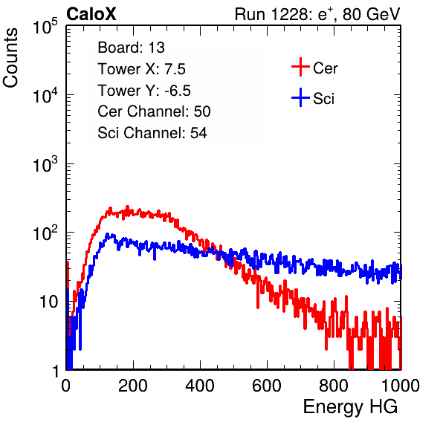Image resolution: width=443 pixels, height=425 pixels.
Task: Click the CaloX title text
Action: click(x=91, y=14)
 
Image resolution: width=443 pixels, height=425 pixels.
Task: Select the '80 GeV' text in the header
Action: click(x=371, y=14)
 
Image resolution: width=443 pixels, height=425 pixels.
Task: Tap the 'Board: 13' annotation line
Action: click(x=131, y=48)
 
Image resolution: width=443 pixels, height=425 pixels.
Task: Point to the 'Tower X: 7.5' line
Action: click(x=141, y=69)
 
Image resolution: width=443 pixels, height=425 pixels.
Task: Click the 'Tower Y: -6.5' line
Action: click(x=144, y=91)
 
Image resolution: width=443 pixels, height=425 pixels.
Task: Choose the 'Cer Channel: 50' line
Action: click(x=154, y=111)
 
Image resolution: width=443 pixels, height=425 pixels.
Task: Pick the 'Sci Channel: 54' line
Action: click(x=152, y=133)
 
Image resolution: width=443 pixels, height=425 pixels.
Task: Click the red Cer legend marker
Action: click(x=300, y=67)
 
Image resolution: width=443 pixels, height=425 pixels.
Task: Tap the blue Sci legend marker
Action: click(x=300, y=97)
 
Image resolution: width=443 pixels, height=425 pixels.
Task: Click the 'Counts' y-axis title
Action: click(x=10, y=57)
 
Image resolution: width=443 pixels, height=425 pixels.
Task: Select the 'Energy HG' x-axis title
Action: click(x=350, y=407)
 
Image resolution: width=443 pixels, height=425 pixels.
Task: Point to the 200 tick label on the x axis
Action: click(x=133, y=386)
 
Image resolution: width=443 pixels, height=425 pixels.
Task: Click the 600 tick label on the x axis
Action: click(x=267, y=386)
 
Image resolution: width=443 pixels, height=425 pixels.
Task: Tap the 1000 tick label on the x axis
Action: click(x=401, y=386)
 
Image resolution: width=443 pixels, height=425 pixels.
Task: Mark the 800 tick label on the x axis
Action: click(x=334, y=386)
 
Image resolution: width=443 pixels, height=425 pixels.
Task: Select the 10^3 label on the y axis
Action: click(x=45, y=164)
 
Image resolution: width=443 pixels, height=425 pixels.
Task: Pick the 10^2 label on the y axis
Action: click(x=45, y=233)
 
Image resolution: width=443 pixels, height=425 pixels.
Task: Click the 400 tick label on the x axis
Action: click(x=200, y=386)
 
